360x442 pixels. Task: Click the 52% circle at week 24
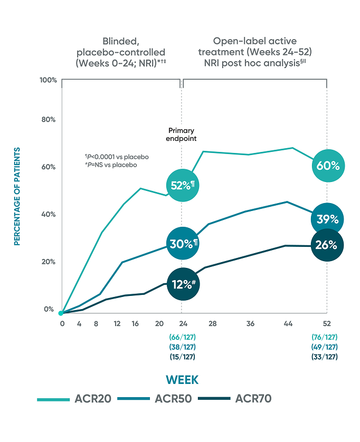point(182,186)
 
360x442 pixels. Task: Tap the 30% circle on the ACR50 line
point(182,244)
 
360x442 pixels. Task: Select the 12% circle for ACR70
point(182,284)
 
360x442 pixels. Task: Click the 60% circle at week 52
point(327,166)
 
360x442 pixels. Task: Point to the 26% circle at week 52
point(327,245)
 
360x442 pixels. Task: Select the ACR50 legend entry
point(156,399)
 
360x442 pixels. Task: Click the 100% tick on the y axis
point(48,80)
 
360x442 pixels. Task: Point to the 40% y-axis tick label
point(49,215)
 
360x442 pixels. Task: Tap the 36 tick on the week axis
point(250,323)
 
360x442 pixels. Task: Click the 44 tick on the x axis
point(287,323)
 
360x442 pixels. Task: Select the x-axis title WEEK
point(182,380)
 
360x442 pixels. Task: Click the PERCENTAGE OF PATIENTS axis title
point(17,196)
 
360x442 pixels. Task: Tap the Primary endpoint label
point(181,134)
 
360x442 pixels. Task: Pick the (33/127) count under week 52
point(325,357)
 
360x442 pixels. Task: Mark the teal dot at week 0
point(61,313)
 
